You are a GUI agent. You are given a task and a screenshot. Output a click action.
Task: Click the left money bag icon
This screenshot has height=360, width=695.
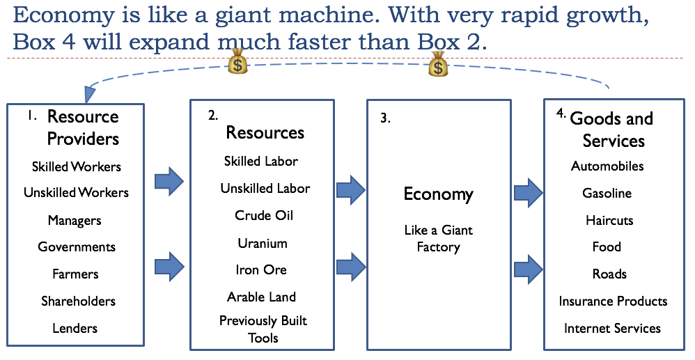point(238,63)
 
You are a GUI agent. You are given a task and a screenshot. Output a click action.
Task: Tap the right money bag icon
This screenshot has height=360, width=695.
point(438,63)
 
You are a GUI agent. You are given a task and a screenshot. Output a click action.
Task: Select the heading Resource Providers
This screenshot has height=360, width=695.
point(83,127)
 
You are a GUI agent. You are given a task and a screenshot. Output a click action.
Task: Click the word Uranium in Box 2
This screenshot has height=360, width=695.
point(261,243)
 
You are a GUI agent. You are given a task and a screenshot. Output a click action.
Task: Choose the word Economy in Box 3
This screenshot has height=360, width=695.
point(439,194)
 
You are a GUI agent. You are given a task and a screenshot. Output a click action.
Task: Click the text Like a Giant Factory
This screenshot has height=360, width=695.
point(439,238)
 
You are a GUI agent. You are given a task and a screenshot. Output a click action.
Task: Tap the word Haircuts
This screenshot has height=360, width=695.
point(609,220)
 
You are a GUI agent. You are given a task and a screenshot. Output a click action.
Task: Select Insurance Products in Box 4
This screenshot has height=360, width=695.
point(613,301)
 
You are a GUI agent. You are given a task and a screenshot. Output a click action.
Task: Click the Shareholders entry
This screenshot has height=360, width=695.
point(78,301)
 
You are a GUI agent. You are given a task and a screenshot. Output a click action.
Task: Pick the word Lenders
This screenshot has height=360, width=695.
point(75,328)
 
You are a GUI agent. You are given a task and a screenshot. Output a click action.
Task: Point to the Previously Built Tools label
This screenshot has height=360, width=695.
point(263,329)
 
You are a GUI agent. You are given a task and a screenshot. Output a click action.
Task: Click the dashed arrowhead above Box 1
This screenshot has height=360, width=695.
point(91,95)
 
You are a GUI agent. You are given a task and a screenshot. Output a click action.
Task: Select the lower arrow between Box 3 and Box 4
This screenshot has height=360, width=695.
point(529,268)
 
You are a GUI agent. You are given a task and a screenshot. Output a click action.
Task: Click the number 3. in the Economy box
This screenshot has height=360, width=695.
point(385,118)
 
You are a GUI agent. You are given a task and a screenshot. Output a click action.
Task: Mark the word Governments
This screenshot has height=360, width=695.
point(77,246)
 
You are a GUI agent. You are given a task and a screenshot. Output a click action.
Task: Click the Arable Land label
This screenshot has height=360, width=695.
point(262,297)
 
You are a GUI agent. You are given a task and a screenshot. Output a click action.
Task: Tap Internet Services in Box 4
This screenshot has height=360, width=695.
point(613,328)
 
